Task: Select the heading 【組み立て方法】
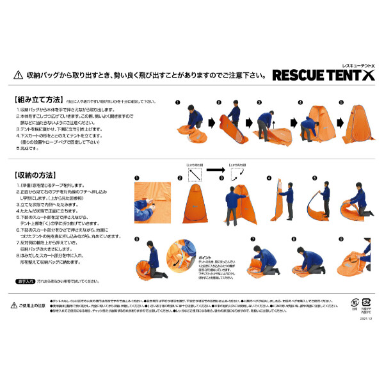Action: tap(38, 100)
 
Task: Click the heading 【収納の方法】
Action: tap(35, 175)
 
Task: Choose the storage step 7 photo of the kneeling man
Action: tap(264, 259)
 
